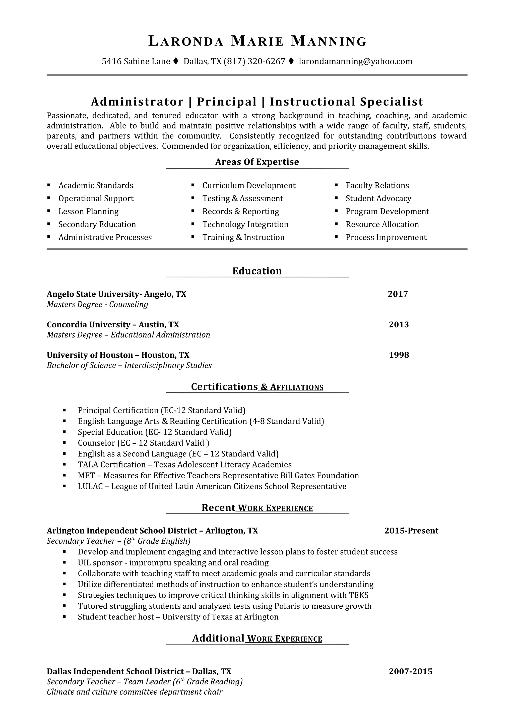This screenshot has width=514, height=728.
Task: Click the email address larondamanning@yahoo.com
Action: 355,61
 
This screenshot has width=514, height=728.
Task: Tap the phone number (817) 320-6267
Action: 255,61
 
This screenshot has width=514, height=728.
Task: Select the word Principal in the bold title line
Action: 226,102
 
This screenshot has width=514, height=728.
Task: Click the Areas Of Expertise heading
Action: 257,162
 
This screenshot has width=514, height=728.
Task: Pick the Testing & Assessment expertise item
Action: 243,198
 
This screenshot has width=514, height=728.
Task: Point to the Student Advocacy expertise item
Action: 378,198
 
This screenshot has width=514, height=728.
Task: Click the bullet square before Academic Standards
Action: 49,185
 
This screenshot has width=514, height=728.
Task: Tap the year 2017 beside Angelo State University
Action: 398,294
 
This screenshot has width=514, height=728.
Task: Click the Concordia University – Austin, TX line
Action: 113,324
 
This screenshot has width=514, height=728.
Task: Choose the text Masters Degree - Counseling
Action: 97,304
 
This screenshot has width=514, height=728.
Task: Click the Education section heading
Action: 257,271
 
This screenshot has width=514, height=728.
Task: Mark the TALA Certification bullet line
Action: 185,465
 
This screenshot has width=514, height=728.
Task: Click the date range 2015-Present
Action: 411,531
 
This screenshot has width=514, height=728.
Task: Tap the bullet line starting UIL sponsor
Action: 173,563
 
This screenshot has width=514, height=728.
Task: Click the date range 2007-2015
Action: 410,671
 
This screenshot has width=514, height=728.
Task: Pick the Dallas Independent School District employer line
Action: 139,671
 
